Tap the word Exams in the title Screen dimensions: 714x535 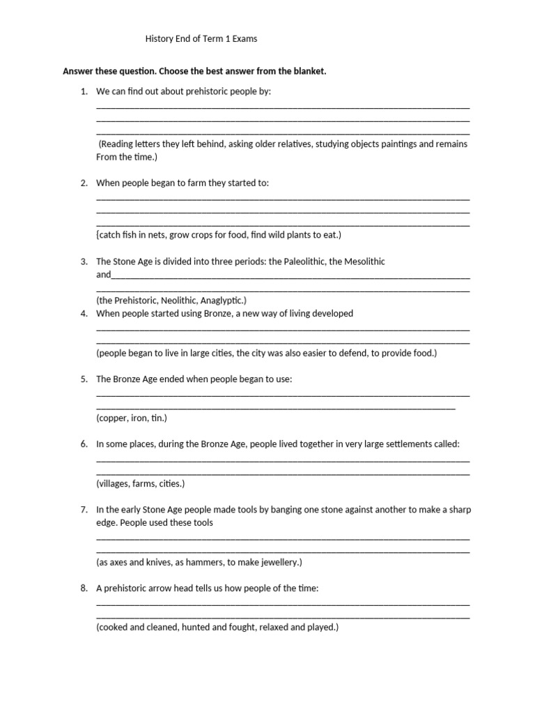pos(245,39)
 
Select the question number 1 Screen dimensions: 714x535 pos(84,91)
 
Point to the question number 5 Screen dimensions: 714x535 pos(84,379)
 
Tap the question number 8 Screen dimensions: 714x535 pos(84,588)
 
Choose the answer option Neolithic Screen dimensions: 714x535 pos(178,301)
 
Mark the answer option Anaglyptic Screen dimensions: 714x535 pos(222,301)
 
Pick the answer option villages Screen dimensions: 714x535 pos(113,483)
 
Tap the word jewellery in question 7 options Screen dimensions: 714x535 pos(277,562)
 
